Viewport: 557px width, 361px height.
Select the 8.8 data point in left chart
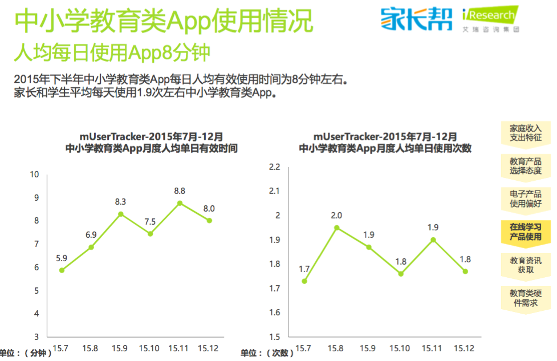coord(180,203)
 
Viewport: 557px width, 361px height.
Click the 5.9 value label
coord(62,258)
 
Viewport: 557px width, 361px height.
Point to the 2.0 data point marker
coord(337,228)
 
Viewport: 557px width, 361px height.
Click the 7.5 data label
coord(150,221)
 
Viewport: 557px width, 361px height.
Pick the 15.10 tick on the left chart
coord(149,348)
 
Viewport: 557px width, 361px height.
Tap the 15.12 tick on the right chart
coord(464,348)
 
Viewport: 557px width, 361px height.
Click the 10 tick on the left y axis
coord(35,175)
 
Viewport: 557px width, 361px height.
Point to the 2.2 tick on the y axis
coord(275,167)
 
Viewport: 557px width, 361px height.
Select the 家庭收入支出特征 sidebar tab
coord(525,133)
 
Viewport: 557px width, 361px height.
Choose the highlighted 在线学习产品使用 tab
coord(525,232)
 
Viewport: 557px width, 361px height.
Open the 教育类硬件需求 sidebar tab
coord(525,298)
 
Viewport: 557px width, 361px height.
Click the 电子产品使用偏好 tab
coord(525,198)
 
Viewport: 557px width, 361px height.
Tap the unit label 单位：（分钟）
coord(26,353)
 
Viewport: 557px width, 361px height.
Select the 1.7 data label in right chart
coord(304,269)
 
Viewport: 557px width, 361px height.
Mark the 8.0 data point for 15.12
coord(209,220)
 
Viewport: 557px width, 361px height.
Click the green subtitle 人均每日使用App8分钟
coord(112,52)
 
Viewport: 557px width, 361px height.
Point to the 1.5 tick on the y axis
coord(275,336)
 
